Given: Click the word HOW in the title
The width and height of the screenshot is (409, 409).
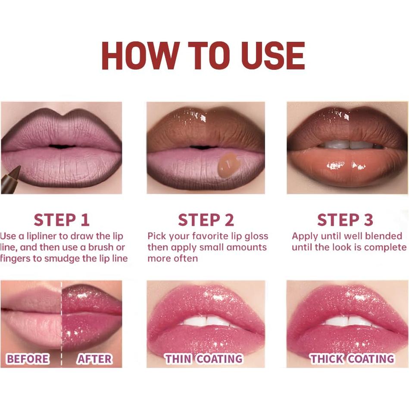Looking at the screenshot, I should (140, 56).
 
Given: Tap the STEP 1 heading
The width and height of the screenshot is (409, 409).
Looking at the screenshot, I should (62, 220).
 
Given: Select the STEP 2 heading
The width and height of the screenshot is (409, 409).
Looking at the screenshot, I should (206, 220).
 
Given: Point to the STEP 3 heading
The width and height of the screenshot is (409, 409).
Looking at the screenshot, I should (345, 220).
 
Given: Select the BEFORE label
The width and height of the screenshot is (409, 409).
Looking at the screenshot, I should (28, 359).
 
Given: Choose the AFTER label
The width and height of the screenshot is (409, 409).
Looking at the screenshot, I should (94, 359).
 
